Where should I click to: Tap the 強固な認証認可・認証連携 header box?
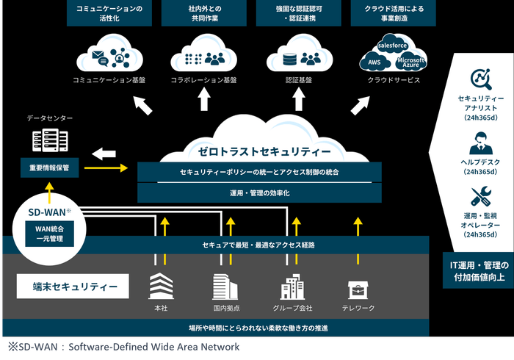pos(298,13)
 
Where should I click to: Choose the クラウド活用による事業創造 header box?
pos(393,13)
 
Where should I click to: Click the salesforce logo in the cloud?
pos(392,46)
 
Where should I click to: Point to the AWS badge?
pos(375,62)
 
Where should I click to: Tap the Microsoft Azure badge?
pos(411,62)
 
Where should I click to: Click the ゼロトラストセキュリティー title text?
pos(259,151)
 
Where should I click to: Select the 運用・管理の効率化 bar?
pos(259,193)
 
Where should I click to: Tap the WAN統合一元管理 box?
pos(50,234)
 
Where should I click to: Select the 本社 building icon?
pos(160,286)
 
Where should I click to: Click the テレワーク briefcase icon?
pos(358,287)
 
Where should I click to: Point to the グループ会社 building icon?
pos(292,286)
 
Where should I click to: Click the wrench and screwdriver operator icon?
pos(480,197)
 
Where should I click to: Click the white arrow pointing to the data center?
pos(104,153)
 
